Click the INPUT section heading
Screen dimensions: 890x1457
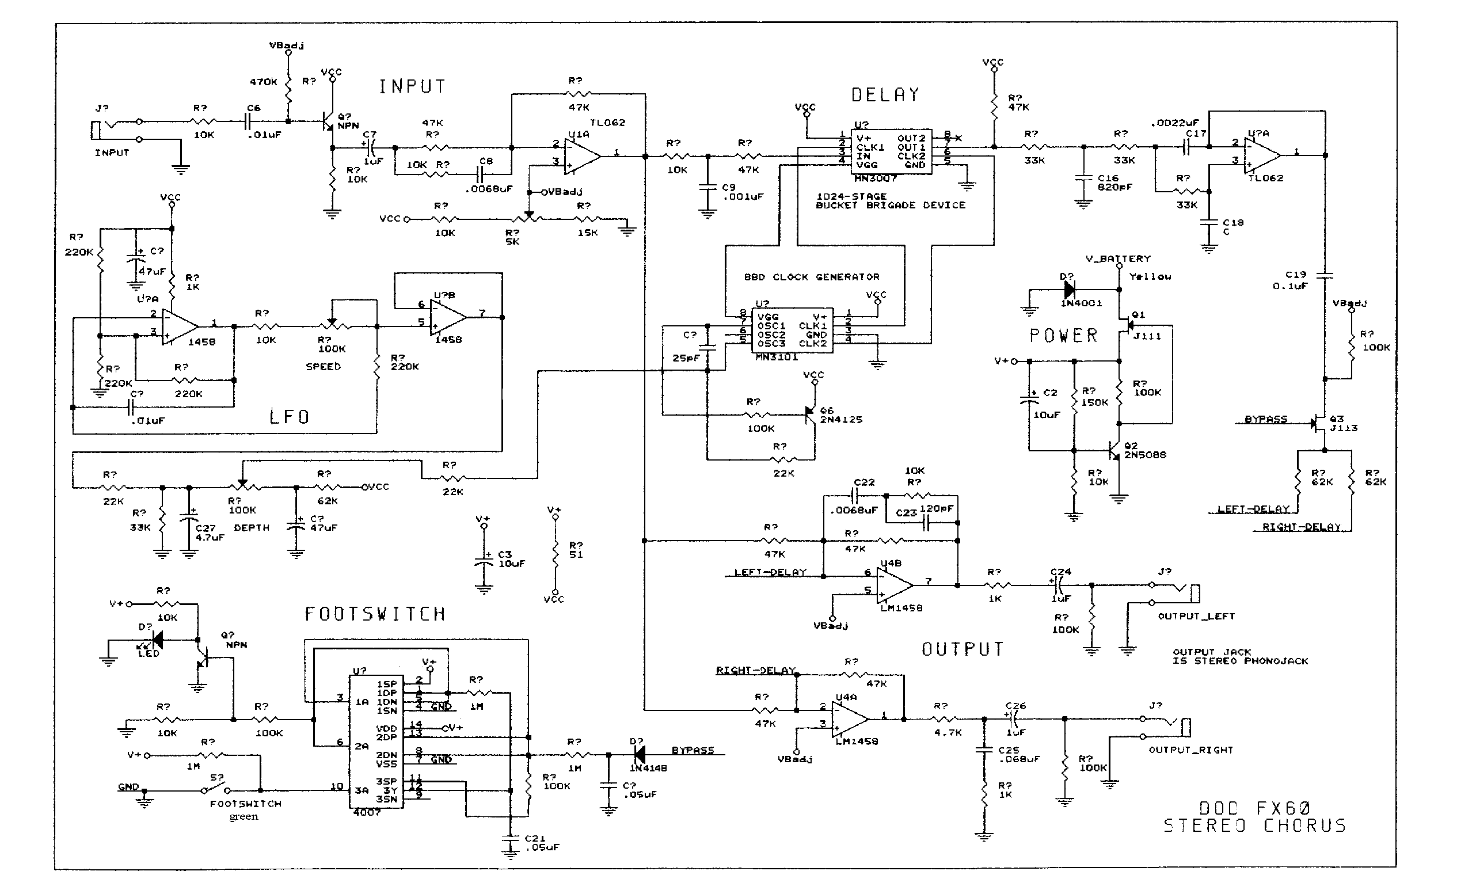pos(412,86)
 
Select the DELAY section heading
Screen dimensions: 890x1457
pos(885,94)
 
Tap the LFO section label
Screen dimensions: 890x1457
pos(289,417)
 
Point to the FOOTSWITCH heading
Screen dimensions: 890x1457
pos(375,614)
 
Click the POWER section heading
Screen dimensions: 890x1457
pos(1063,335)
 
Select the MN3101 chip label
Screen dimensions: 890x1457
pos(777,357)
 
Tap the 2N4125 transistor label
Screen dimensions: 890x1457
pos(841,419)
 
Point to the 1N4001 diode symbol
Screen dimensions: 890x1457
pos(1069,290)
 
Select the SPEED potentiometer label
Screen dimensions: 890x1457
pos(323,367)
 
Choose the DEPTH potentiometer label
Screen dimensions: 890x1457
pos(252,527)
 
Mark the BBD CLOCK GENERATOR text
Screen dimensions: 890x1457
pos(811,277)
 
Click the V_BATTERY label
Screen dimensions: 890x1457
pos(1118,258)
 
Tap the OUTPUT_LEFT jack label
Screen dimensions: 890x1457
pos(1196,616)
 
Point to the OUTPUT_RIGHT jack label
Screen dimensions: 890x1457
pos(1190,750)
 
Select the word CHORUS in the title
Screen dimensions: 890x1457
pos(1304,826)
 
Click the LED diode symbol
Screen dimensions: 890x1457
pos(157,639)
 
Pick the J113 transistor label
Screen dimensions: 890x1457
pos(1344,428)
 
